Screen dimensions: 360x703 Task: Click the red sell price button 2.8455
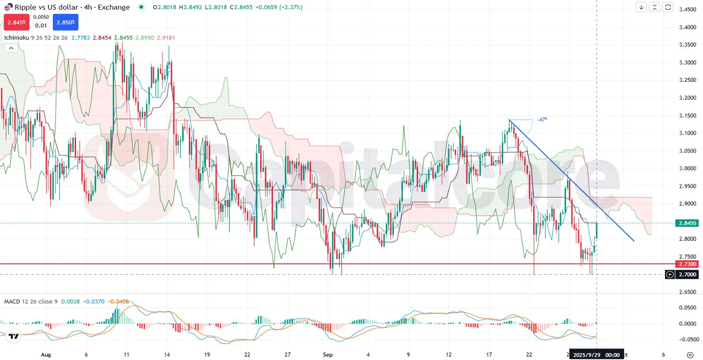point(16,22)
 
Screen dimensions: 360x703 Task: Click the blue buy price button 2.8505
point(65,22)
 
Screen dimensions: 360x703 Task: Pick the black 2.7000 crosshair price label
point(687,275)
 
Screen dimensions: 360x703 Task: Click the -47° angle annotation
point(542,120)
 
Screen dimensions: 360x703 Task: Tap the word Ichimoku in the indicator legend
point(16,37)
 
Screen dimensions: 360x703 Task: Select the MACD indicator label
point(12,301)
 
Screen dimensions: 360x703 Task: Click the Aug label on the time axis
point(46,355)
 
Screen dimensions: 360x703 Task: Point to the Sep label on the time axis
point(328,355)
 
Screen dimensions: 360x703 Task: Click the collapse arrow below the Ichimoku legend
point(10,48)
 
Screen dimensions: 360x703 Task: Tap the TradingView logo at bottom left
point(14,336)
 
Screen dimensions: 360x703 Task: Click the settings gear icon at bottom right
point(690,355)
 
